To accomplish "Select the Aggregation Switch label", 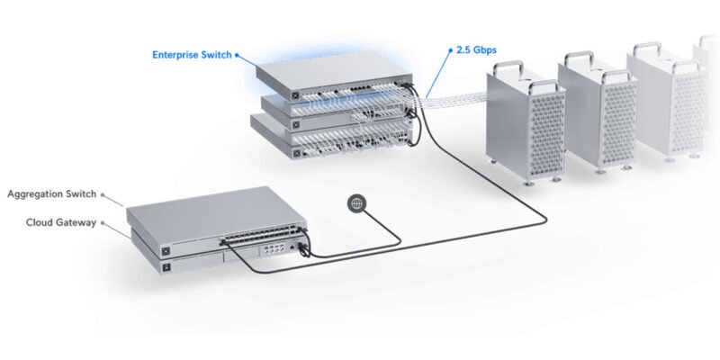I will coord(51,193).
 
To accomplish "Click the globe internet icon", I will coord(356,204).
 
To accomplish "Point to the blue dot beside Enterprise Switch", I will coord(238,54).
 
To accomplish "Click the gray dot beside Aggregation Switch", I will coord(103,193).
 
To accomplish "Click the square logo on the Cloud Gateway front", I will coord(166,267).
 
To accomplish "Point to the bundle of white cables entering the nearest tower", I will coord(459,96).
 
